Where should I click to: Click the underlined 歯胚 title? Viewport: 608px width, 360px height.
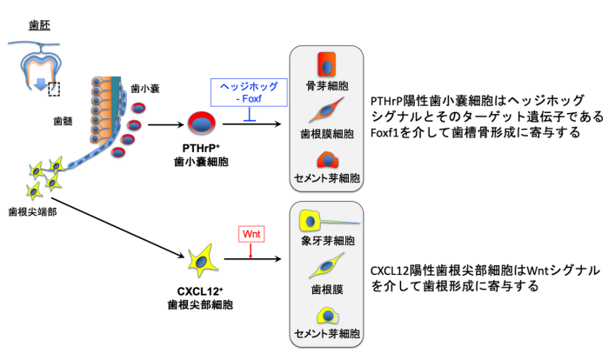(x=39, y=25)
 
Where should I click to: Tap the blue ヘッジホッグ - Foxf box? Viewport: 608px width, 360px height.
(x=249, y=93)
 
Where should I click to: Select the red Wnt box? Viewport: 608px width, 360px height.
(x=251, y=234)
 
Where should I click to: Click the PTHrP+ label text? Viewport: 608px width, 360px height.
(x=201, y=149)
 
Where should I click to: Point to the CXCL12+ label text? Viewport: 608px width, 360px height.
(x=200, y=291)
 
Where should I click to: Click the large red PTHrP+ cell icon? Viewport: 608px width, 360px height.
(x=202, y=123)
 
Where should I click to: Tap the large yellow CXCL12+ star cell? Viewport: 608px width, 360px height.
(x=202, y=260)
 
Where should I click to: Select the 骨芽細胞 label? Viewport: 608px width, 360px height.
(x=327, y=85)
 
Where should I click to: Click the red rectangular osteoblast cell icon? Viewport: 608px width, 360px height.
(x=326, y=64)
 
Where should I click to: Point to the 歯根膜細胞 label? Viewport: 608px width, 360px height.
(x=327, y=134)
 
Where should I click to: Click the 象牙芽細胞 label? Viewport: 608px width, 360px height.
(x=328, y=241)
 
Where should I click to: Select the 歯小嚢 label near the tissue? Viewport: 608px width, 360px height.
(x=145, y=89)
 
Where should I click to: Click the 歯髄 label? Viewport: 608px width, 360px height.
(x=63, y=121)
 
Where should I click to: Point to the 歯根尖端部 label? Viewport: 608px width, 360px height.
(x=32, y=212)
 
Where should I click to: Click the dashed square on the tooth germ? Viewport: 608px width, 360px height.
(x=54, y=89)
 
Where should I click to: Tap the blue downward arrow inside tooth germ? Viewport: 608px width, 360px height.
(x=41, y=83)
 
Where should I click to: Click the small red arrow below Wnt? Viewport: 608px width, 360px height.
(x=251, y=250)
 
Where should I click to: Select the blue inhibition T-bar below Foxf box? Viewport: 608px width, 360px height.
(x=249, y=114)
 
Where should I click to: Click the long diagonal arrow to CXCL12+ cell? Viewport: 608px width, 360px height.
(x=118, y=228)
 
